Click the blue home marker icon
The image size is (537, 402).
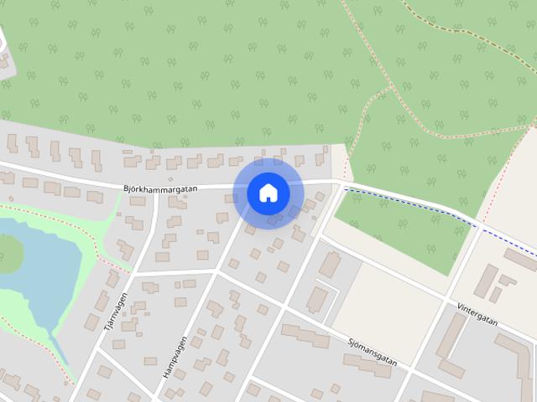tap(268, 193)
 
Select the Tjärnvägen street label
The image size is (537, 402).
tap(114, 312)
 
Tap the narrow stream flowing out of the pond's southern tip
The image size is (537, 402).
tap(59, 352)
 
